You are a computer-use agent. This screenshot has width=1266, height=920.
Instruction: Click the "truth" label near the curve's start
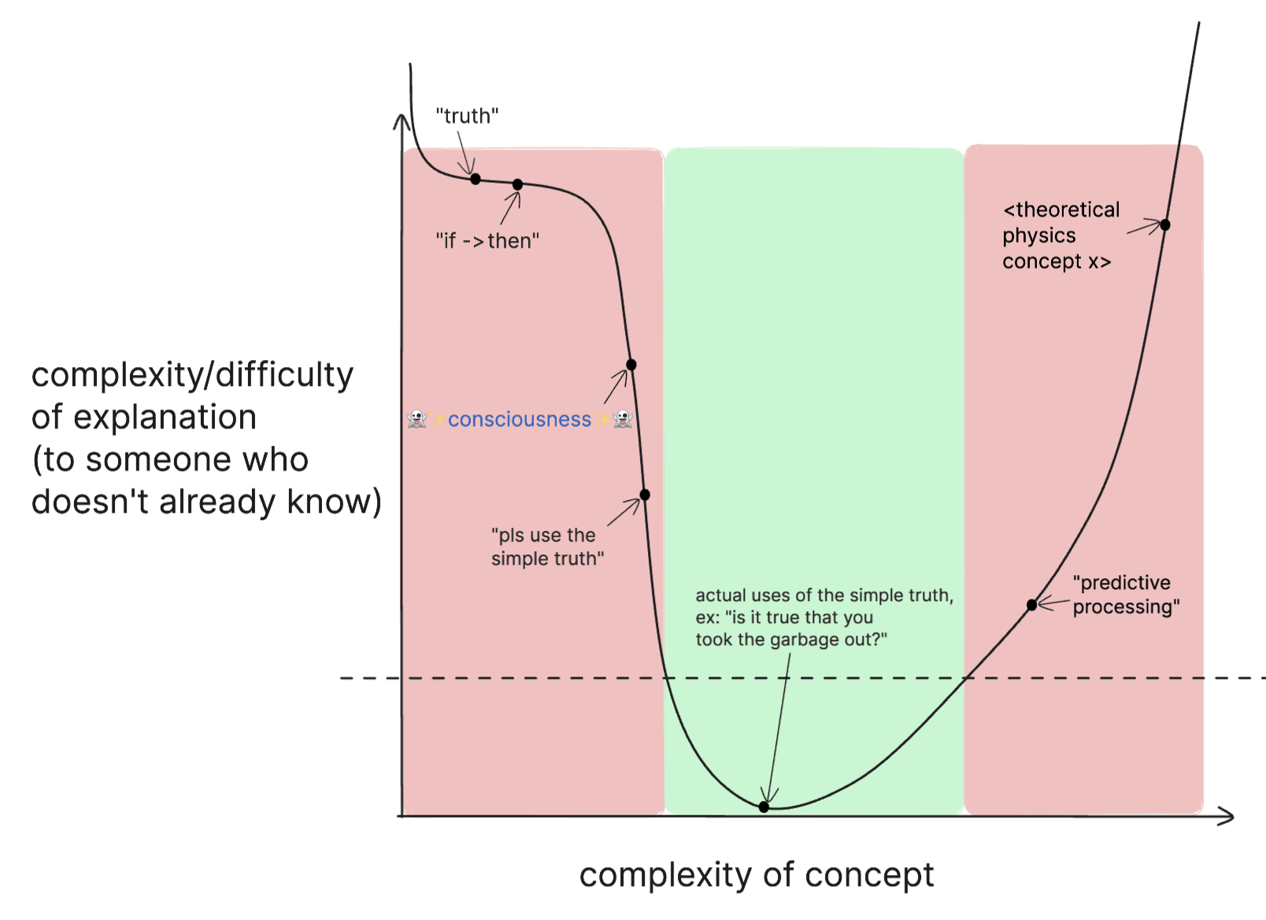[x=467, y=116]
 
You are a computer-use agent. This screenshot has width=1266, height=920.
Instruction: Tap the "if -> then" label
[x=487, y=240]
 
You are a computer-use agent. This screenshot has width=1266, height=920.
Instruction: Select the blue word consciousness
[x=520, y=419]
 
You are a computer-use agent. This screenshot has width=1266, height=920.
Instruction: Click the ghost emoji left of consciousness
[x=416, y=419]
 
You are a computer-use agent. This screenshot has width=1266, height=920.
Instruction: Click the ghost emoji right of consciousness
[x=623, y=419]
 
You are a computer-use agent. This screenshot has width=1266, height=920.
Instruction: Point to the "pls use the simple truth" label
[x=547, y=547]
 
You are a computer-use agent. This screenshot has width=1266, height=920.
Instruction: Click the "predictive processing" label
[x=1125, y=595]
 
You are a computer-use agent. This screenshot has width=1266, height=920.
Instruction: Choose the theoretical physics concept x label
[x=1060, y=236]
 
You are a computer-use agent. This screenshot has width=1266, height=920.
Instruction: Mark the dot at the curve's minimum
[x=764, y=807]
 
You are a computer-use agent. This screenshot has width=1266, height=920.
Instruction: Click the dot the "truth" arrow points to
[x=476, y=179]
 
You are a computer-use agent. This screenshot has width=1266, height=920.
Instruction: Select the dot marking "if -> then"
[x=517, y=184]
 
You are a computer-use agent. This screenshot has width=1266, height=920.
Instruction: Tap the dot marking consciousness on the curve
[x=631, y=365]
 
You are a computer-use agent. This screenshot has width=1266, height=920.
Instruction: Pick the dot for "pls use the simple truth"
[x=645, y=495]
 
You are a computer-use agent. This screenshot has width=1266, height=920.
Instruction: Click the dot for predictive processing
[x=1031, y=605]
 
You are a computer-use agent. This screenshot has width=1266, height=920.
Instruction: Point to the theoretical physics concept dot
[x=1165, y=224]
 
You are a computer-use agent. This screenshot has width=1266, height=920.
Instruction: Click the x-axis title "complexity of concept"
[x=756, y=875]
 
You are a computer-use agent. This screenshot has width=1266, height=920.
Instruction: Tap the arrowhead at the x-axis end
[x=1228, y=817]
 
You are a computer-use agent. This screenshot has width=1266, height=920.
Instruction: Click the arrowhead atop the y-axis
[x=402, y=120]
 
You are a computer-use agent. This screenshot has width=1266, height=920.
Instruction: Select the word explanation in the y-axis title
[x=165, y=417]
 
